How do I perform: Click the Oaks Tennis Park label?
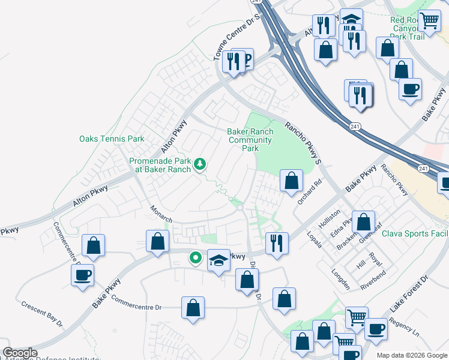(x=112, y=139)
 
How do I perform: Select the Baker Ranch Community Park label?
(x=250, y=140)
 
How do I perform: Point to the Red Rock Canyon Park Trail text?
(x=408, y=28)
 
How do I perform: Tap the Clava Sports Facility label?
(x=414, y=233)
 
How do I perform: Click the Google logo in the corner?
(x=19, y=353)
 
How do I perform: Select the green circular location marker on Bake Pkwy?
(x=195, y=259)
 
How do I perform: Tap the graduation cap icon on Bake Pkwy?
(x=219, y=260)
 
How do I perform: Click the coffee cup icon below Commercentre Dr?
(x=82, y=275)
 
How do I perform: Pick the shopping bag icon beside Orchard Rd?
(x=291, y=180)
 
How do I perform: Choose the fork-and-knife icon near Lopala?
(x=276, y=242)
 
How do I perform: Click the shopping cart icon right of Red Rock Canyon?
(x=429, y=21)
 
